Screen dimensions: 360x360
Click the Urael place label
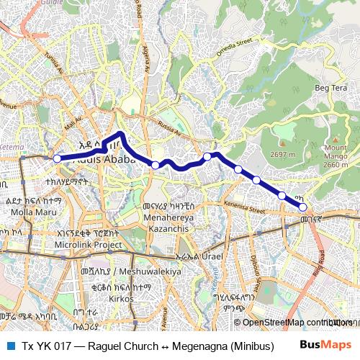tap(212, 256)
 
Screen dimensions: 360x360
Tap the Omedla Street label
tap(234, 48)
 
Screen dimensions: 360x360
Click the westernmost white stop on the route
tap(56, 158)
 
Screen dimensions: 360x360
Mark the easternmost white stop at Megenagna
tap(303, 207)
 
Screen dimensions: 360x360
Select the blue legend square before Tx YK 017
tap(11, 346)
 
